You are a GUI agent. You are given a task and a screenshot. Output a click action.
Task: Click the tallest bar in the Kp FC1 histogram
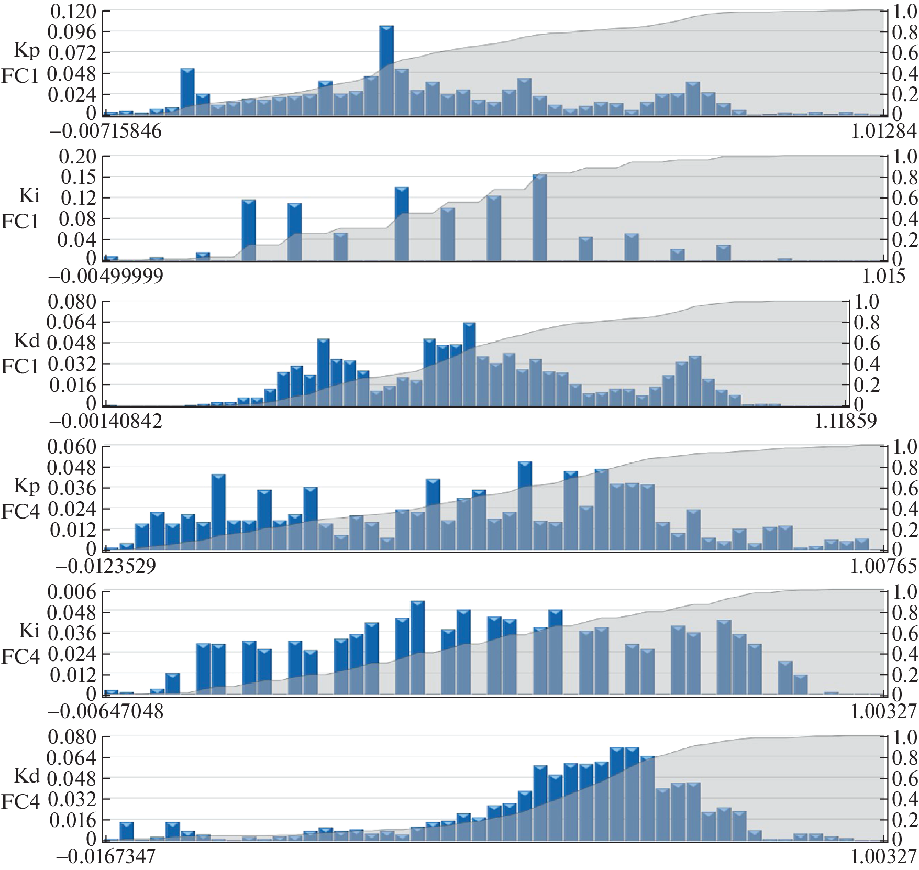click(x=386, y=70)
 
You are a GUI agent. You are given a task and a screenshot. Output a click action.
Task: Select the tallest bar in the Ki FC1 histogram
click(x=539, y=217)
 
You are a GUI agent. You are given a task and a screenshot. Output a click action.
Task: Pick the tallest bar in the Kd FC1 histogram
click(x=469, y=364)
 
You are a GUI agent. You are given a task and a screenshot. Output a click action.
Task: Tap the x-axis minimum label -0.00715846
click(x=105, y=131)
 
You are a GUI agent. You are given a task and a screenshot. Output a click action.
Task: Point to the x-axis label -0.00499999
click(x=106, y=276)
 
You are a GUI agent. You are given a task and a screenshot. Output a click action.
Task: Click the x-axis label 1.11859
click(x=846, y=421)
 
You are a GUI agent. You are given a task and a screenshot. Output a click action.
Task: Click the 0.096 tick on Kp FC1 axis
click(x=72, y=32)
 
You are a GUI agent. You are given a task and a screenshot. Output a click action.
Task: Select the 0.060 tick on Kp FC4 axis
click(x=72, y=447)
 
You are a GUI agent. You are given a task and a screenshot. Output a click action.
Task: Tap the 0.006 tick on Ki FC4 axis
click(x=72, y=592)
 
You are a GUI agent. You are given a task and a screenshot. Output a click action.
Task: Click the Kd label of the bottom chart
click(x=27, y=776)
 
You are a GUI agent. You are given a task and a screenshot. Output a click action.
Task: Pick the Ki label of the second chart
click(x=29, y=195)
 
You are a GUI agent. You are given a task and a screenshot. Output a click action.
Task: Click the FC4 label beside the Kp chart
click(x=20, y=511)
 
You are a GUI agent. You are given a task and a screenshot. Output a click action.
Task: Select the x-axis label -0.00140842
click(x=106, y=421)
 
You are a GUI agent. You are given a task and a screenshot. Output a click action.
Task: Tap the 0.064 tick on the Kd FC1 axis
click(x=72, y=323)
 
